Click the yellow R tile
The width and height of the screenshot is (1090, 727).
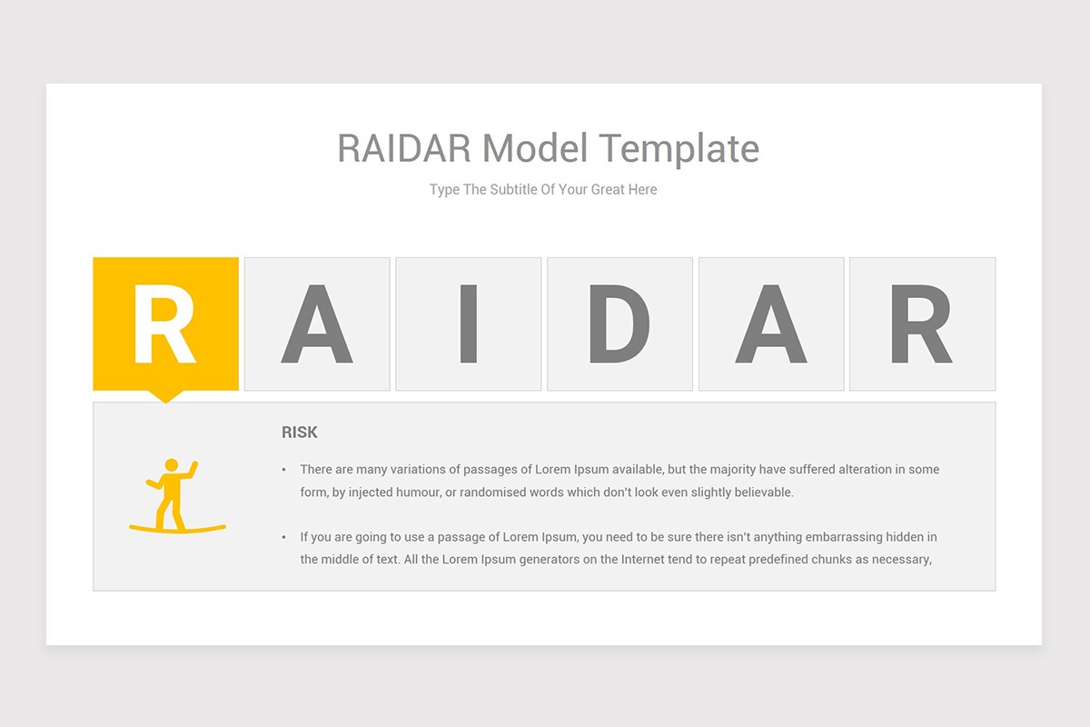165,324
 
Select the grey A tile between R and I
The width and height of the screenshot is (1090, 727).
317,324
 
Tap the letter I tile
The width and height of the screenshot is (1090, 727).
469,324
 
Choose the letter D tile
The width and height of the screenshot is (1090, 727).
619,324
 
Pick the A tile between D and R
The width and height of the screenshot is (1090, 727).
771,324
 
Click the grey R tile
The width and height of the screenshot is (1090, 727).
922,324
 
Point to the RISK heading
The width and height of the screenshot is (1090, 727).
300,433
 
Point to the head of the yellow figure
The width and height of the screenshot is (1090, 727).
170,465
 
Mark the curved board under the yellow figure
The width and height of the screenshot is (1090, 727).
177,528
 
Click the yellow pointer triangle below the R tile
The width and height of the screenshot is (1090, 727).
165,396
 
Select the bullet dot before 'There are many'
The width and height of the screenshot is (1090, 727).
283,470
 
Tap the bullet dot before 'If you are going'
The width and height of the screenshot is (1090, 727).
283,538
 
